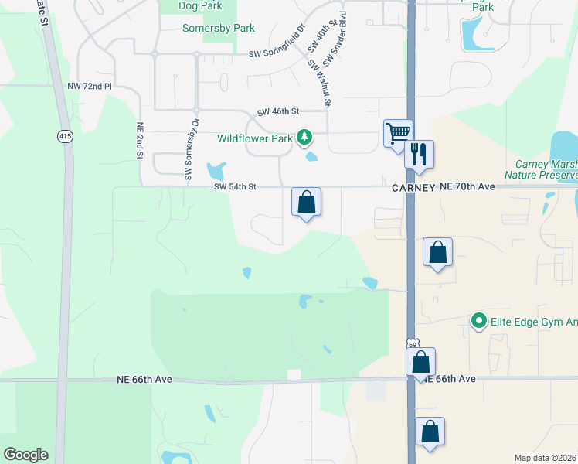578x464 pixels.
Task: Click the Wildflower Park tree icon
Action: [x=305, y=138]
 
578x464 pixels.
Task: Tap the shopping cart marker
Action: [x=398, y=132]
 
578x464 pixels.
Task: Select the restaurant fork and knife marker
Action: [x=420, y=153]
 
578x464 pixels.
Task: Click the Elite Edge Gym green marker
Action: [x=478, y=320]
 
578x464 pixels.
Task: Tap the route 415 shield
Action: [x=64, y=136]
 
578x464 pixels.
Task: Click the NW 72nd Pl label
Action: [x=90, y=86]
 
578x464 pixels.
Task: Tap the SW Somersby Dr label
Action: [x=192, y=151]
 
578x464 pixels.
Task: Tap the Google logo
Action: [x=25, y=455]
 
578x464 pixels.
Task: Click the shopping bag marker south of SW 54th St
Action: [x=306, y=202]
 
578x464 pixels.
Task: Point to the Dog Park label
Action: [x=200, y=5]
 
